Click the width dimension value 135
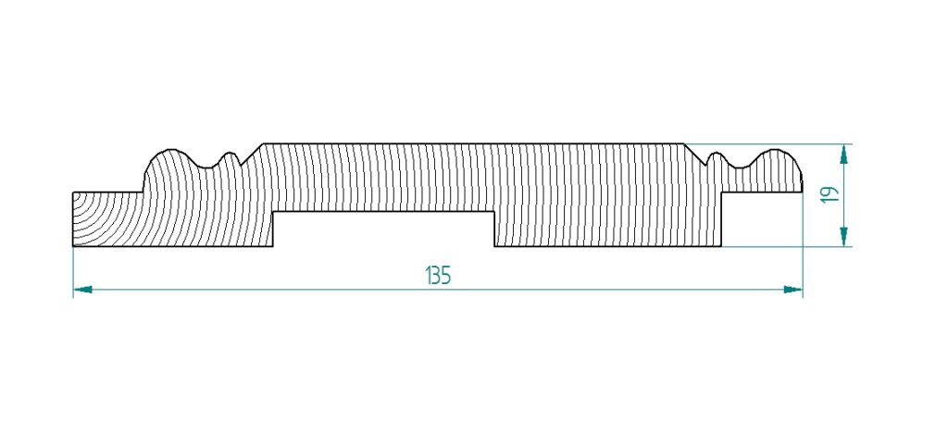(438, 276)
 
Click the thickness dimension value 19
(830, 194)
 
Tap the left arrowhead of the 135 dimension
(82, 290)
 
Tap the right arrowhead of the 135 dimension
(792, 290)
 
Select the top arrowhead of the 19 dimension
(844, 155)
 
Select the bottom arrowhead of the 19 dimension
(844, 236)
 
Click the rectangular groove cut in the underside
(384, 230)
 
